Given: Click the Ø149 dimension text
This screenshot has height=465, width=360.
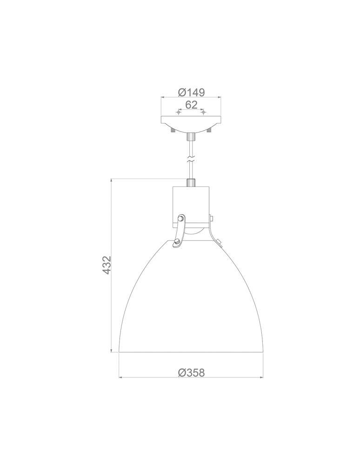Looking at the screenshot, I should coord(191,92).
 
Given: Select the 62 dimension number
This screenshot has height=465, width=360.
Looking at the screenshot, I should coord(191,105).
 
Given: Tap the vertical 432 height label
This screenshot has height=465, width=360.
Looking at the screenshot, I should coord(107,265).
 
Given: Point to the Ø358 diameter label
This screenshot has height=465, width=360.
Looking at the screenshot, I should coord(191,372).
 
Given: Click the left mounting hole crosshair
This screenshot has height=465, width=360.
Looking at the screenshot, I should coord(179,113).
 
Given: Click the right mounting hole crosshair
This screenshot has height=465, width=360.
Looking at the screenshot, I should coord(203,113).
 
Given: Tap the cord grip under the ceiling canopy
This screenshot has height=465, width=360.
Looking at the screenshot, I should coord(190,137).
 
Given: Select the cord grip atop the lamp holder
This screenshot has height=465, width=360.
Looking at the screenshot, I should coord(190,182).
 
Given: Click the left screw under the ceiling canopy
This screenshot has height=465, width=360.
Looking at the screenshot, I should coord(173,131).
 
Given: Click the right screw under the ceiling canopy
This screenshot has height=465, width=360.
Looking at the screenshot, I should coord(209,131).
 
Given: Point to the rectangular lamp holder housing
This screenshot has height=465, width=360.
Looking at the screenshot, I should coord(191,205).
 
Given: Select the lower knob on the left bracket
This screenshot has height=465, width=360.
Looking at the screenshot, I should coord(176,243).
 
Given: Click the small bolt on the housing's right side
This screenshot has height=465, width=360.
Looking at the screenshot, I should coord(212,217).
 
